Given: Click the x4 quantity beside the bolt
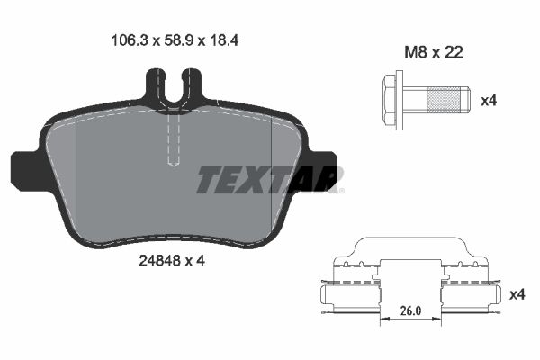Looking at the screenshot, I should click(x=488, y=100).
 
